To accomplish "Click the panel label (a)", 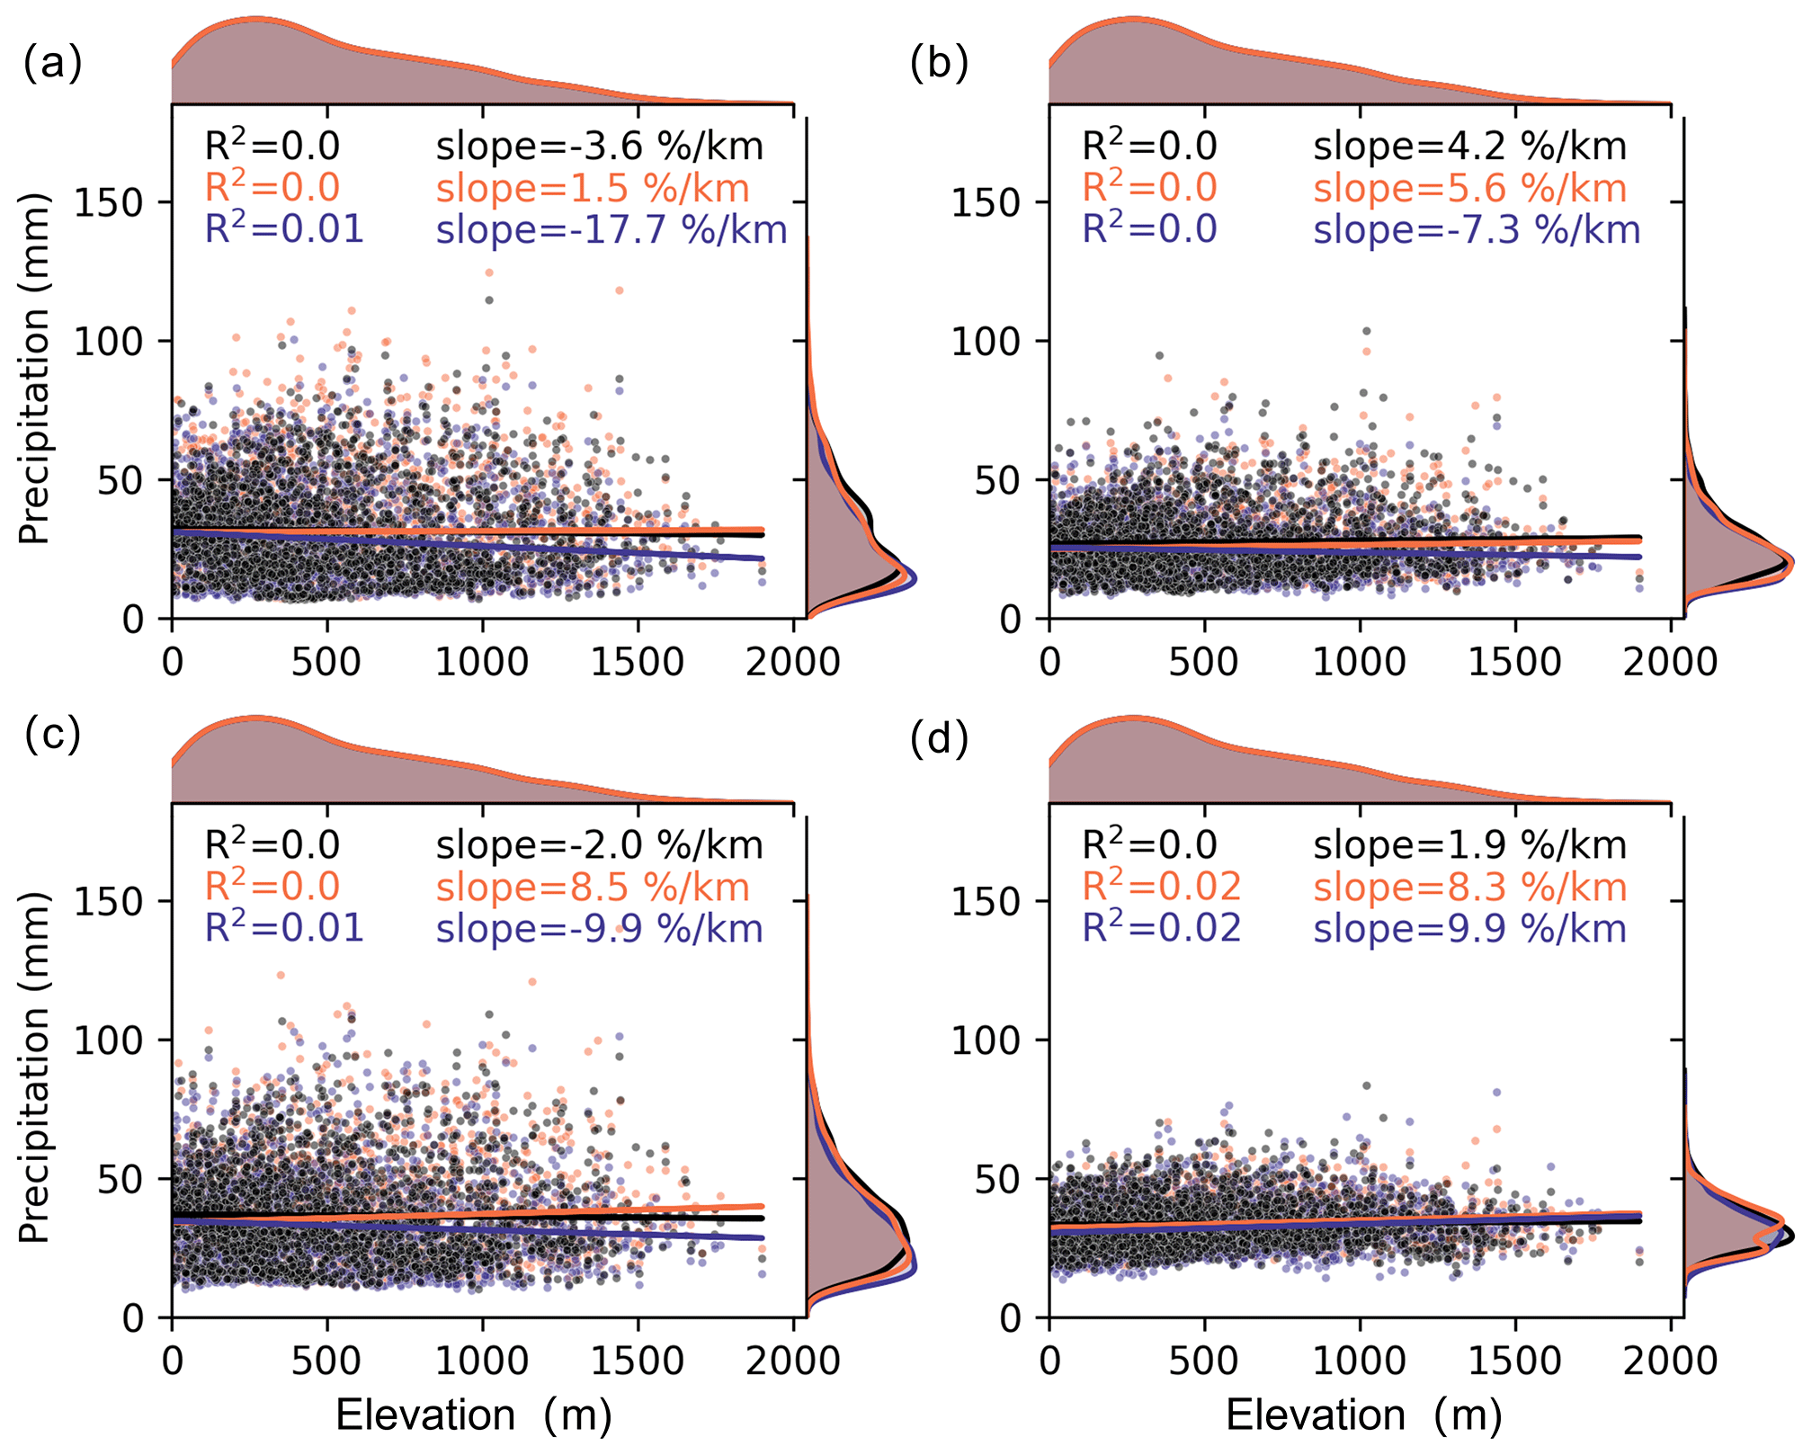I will click(x=52, y=65).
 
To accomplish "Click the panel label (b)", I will click(x=938, y=65).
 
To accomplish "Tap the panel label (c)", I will click(x=52, y=736).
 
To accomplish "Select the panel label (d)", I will click(x=938, y=739).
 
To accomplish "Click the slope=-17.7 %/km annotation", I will click(x=611, y=230).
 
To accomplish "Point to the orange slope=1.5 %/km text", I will click(x=593, y=189).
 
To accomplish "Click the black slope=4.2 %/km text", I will click(x=1469, y=147).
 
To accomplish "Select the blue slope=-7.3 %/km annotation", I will click(x=1477, y=230).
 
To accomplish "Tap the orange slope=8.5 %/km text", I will click(x=593, y=888).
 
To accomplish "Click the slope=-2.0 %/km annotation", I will click(x=599, y=845).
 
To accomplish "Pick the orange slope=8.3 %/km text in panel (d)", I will click(x=1469, y=888).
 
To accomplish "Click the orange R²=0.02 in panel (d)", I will click(x=1161, y=887).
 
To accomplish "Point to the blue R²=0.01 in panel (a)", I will click(x=284, y=229).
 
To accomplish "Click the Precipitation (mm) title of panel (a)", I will click(x=34, y=369).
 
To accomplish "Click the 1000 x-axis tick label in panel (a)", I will click(x=482, y=663).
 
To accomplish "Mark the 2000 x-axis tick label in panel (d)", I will click(x=1670, y=1361).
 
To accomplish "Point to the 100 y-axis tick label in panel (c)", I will click(x=108, y=1041).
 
